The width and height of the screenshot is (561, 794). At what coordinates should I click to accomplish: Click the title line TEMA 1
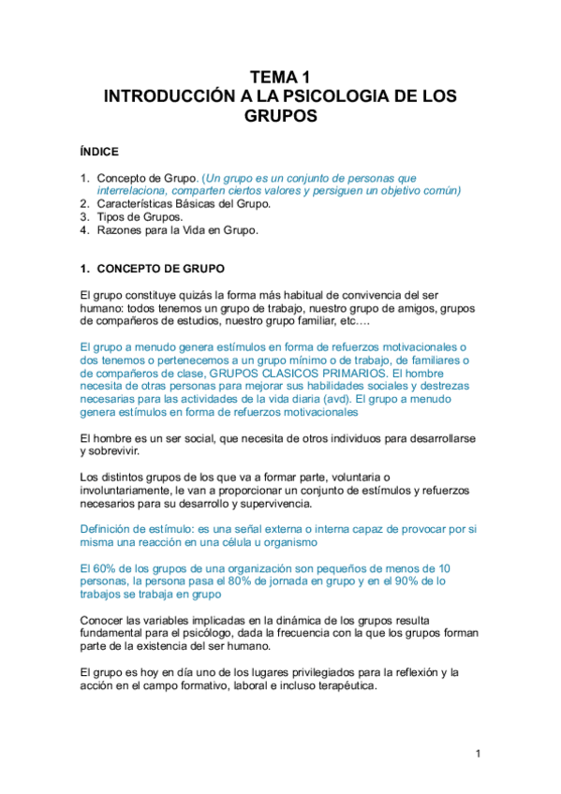(280, 78)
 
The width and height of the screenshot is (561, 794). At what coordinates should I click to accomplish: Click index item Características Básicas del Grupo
(184, 203)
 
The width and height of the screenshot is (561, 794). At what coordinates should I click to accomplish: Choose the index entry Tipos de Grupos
(140, 216)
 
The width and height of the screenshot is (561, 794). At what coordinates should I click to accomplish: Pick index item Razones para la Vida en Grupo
(177, 229)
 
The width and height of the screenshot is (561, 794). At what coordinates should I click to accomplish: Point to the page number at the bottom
(477, 754)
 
